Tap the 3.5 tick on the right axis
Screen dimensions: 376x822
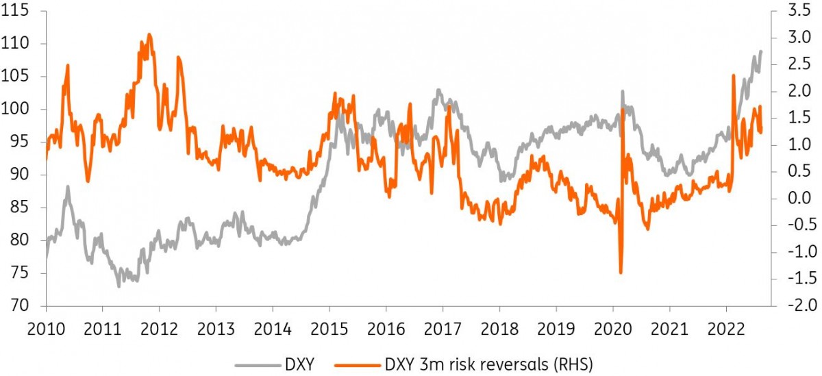coord(792,11)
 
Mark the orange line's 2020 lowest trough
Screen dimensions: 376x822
coord(621,273)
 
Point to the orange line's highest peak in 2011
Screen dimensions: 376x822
coord(149,34)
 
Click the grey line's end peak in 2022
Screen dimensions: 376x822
coord(760,51)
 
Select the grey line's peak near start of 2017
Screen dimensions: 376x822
coord(439,90)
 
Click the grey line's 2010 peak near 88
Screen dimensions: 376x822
coord(68,186)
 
